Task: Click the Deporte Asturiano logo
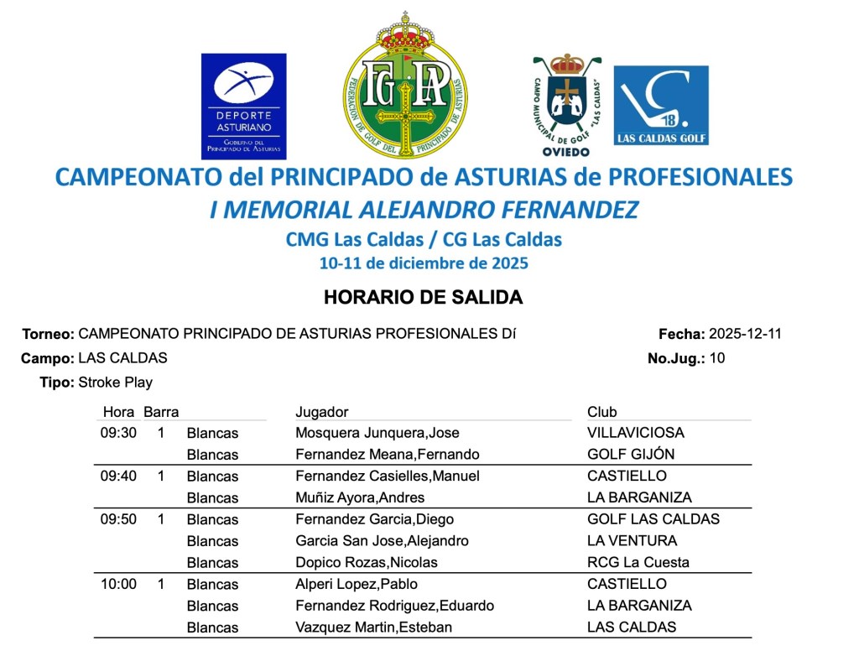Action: click(x=243, y=106)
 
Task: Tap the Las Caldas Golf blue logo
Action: click(x=661, y=105)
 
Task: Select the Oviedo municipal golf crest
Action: click(x=566, y=105)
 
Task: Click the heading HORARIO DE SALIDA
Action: click(x=423, y=298)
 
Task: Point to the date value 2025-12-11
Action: click(x=745, y=334)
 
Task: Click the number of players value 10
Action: click(x=716, y=358)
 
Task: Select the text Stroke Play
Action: click(x=115, y=383)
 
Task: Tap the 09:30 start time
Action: click(x=118, y=433)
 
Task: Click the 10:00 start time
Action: click(x=118, y=584)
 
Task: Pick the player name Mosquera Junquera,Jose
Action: click(x=377, y=433)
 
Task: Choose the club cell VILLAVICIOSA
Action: click(x=636, y=433)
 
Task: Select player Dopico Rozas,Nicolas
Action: click(x=367, y=562)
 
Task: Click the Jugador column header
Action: click(x=321, y=412)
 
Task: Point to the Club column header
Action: click(x=601, y=412)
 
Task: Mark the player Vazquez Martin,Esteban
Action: click(x=374, y=628)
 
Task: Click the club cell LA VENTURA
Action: click(x=632, y=541)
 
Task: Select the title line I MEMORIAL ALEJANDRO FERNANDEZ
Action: click(x=424, y=210)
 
